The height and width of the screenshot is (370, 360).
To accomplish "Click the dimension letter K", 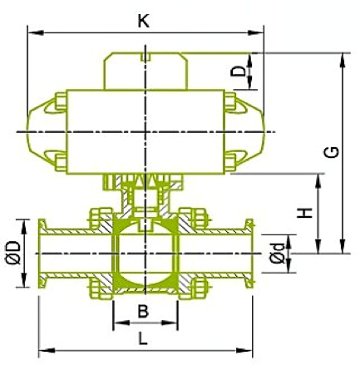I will click(144, 22).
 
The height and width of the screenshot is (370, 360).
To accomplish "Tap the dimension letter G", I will click(331, 151).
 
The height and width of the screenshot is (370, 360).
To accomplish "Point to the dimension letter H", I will click(307, 212).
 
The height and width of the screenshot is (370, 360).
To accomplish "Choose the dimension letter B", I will click(143, 312).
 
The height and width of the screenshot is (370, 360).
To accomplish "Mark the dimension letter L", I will click(143, 338).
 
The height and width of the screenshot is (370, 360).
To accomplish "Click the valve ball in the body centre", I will click(144, 254).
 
